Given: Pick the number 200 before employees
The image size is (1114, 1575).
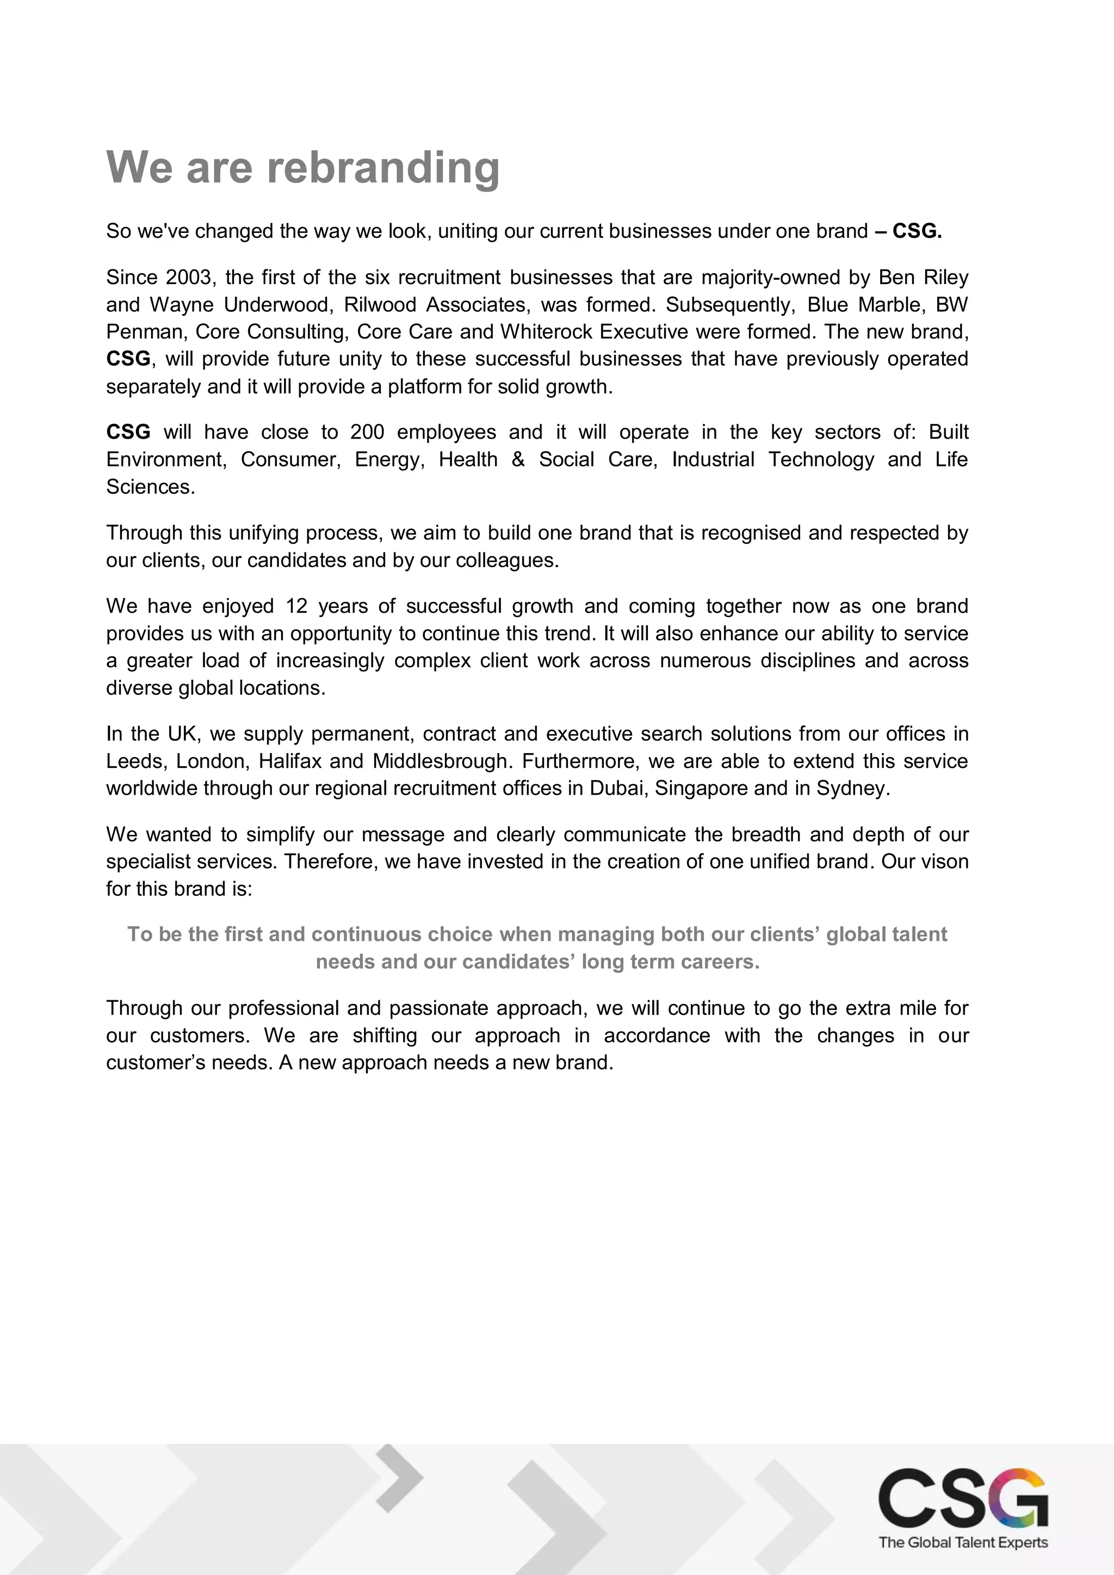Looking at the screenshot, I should click(x=367, y=432).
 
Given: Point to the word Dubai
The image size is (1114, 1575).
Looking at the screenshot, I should click(x=617, y=789).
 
